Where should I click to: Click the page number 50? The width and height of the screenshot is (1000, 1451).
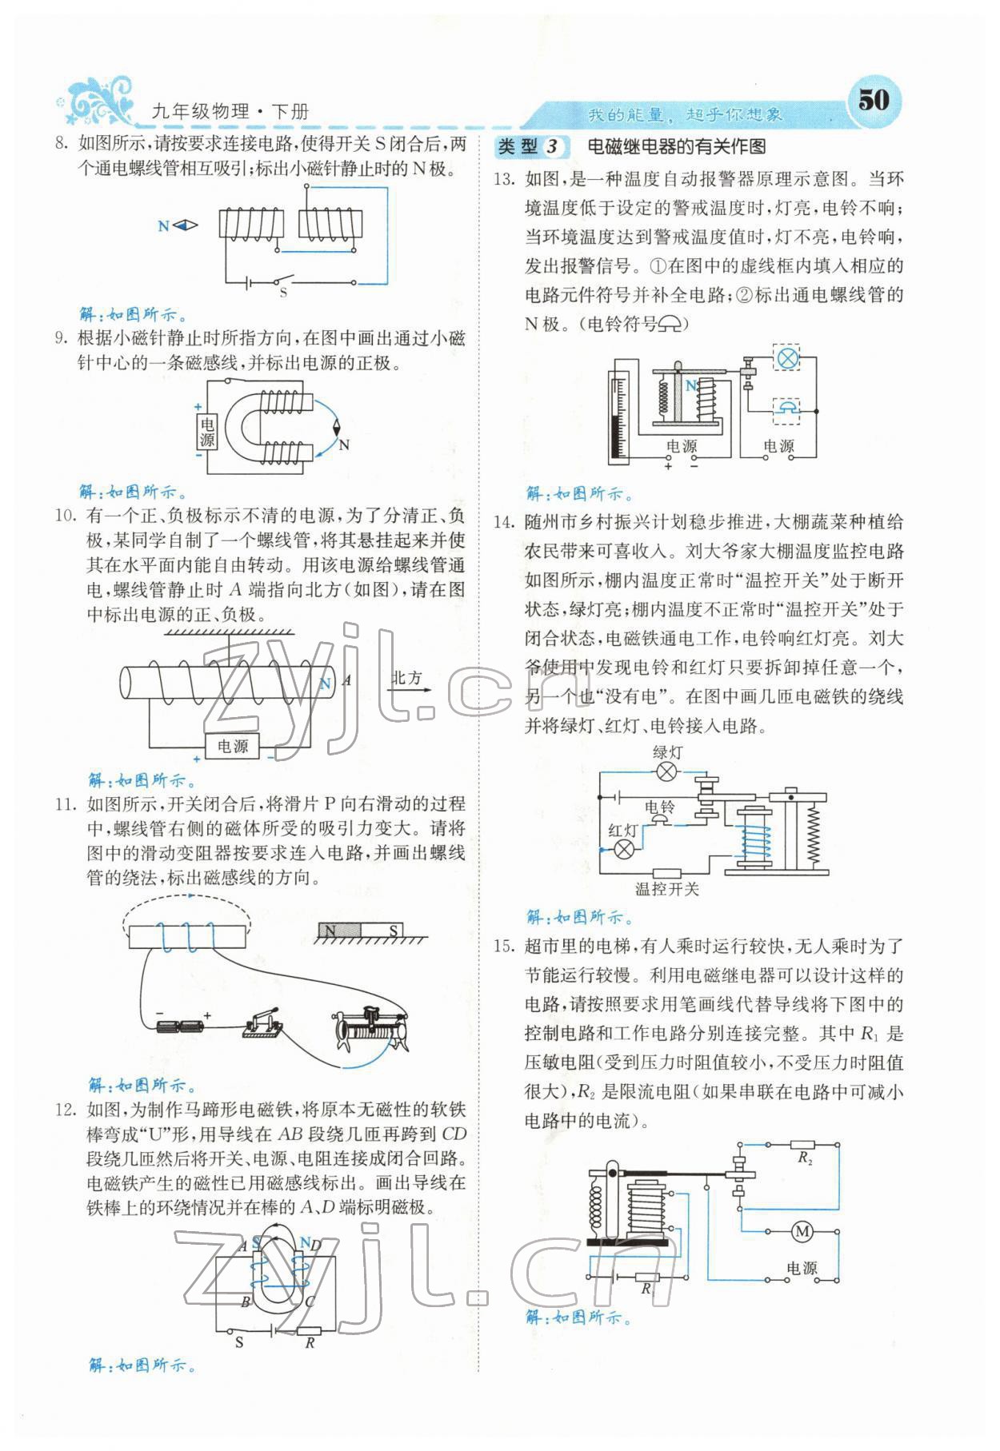(x=873, y=100)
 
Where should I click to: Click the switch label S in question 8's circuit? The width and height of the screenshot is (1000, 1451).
(x=283, y=293)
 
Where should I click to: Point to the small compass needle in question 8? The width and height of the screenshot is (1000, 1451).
(x=186, y=226)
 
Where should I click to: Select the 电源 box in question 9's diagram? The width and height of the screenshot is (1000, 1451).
(x=207, y=432)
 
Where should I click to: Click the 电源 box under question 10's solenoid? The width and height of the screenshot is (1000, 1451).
(x=232, y=746)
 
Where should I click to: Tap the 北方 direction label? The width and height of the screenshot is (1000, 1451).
(x=406, y=678)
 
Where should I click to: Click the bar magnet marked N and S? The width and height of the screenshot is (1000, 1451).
(x=360, y=931)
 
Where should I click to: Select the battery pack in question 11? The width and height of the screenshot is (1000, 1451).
(x=180, y=1027)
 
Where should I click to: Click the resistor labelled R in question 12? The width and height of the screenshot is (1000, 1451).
(x=309, y=1332)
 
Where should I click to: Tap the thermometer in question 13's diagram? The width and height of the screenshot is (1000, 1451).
(x=617, y=416)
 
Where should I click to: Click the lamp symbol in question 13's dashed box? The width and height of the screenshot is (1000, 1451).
(x=788, y=357)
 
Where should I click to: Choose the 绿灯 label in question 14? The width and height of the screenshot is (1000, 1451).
(x=667, y=752)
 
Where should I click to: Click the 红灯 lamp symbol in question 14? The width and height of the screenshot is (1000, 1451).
(x=623, y=849)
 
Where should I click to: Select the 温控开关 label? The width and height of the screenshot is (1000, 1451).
(x=666, y=889)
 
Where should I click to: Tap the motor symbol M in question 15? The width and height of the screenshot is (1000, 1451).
(x=802, y=1232)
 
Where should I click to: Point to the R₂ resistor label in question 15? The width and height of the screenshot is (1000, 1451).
(x=804, y=1158)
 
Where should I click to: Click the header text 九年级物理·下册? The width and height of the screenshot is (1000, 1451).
(x=230, y=112)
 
